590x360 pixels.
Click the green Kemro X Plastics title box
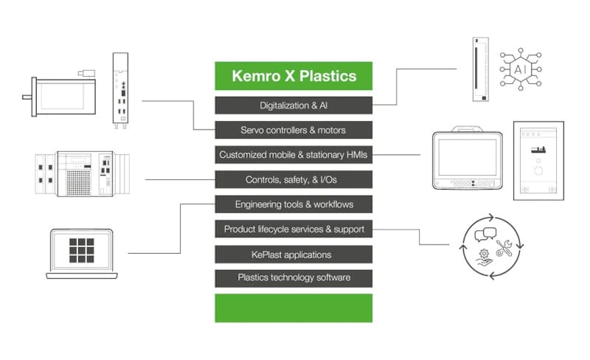(294, 76)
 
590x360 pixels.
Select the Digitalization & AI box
(294, 105)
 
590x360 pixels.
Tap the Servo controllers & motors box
(294, 131)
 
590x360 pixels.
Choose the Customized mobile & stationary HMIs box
(294, 155)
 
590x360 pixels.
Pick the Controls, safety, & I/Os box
(294, 179)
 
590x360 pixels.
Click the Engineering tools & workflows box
(294, 204)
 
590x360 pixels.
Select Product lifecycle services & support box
(294, 229)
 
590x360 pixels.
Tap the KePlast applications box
(294, 255)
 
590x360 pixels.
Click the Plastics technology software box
(294, 278)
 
